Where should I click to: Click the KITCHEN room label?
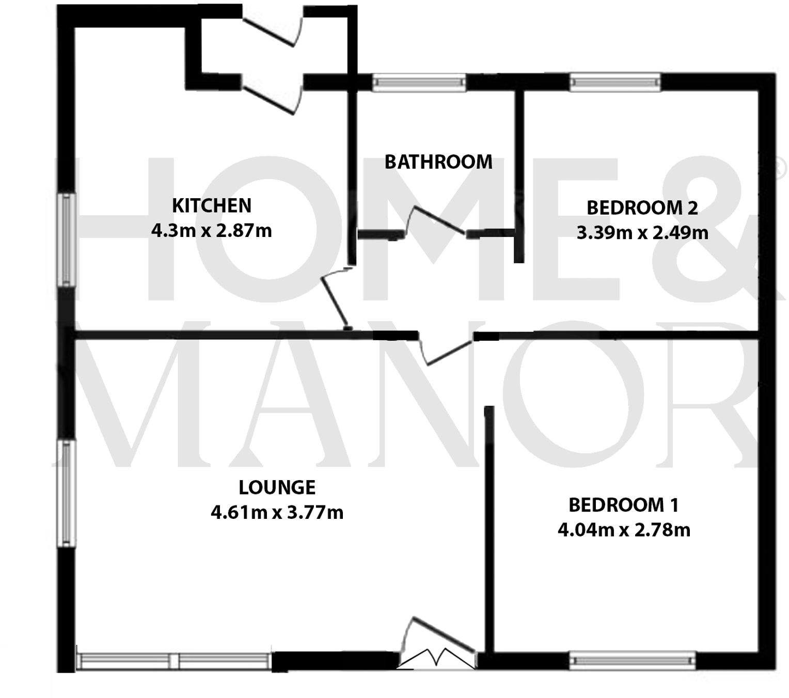pyautogui.click(x=211, y=205)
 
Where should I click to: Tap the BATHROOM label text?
pyautogui.click(x=438, y=162)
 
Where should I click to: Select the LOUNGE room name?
pyautogui.click(x=277, y=487)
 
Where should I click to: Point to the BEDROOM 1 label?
pyautogui.click(x=623, y=505)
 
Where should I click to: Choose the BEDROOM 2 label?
pyautogui.click(x=642, y=208)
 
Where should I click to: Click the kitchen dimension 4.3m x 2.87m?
pyautogui.click(x=211, y=230)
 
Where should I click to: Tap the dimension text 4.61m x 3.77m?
pyautogui.click(x=277, y=513)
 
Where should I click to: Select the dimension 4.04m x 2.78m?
pyautogui.click(x=624, y=530)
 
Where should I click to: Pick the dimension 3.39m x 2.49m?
pyautogui.click(x=642, y=233)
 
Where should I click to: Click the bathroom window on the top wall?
pyautogui.click(x=419, y=82)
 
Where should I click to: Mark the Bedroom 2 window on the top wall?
pyautogui.click(x=614, y=82)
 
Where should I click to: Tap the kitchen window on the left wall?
pyautogui.click(x=68, y=240)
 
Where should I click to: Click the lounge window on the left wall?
pyautogui.click(x=67, y=493)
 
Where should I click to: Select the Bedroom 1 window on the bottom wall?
pyautogui.click(x=632, y=660)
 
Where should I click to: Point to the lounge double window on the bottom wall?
pyautogui.click(x=174, y=661)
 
